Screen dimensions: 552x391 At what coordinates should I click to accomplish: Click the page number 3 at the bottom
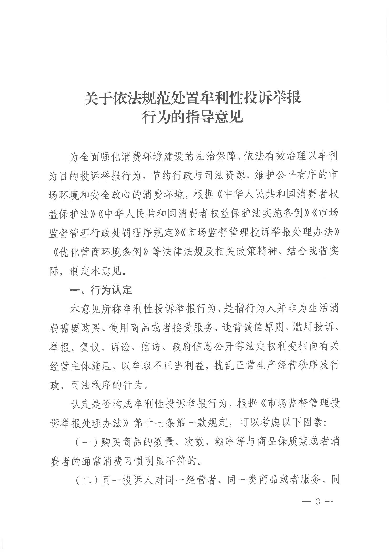(x=317, y=502)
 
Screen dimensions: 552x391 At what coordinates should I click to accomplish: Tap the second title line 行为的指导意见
(x=192, y=117)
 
